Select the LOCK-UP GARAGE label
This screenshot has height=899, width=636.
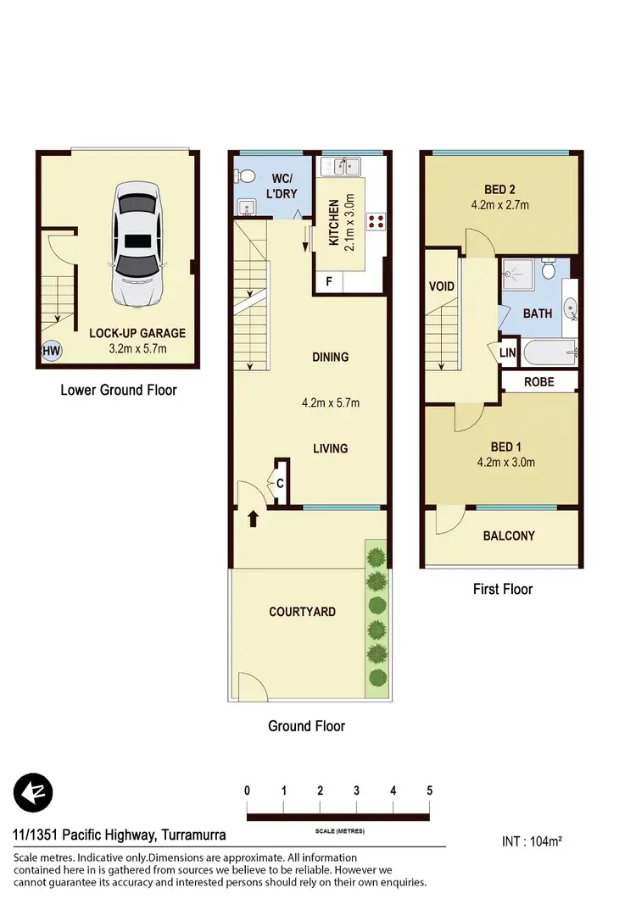[x=137, y=333]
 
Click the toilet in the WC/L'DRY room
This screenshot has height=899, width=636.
[x=246, y=175]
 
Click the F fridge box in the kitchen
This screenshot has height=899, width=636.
[x=329, y=281]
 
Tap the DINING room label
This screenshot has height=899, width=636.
[x=330, y=357]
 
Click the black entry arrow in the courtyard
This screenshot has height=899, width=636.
[x=252, y=519]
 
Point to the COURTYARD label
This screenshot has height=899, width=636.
[x=302, y=612]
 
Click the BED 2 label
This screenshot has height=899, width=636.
[x=500, y=189]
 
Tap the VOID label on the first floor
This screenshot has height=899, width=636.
[x=441, y=286]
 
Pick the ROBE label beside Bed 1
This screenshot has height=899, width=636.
[x=538, y=382]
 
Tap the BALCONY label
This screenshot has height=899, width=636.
[x=509, y=536]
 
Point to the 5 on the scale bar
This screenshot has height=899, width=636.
[x=430, y=791]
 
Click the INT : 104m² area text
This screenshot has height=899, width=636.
[x=533, y=841]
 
